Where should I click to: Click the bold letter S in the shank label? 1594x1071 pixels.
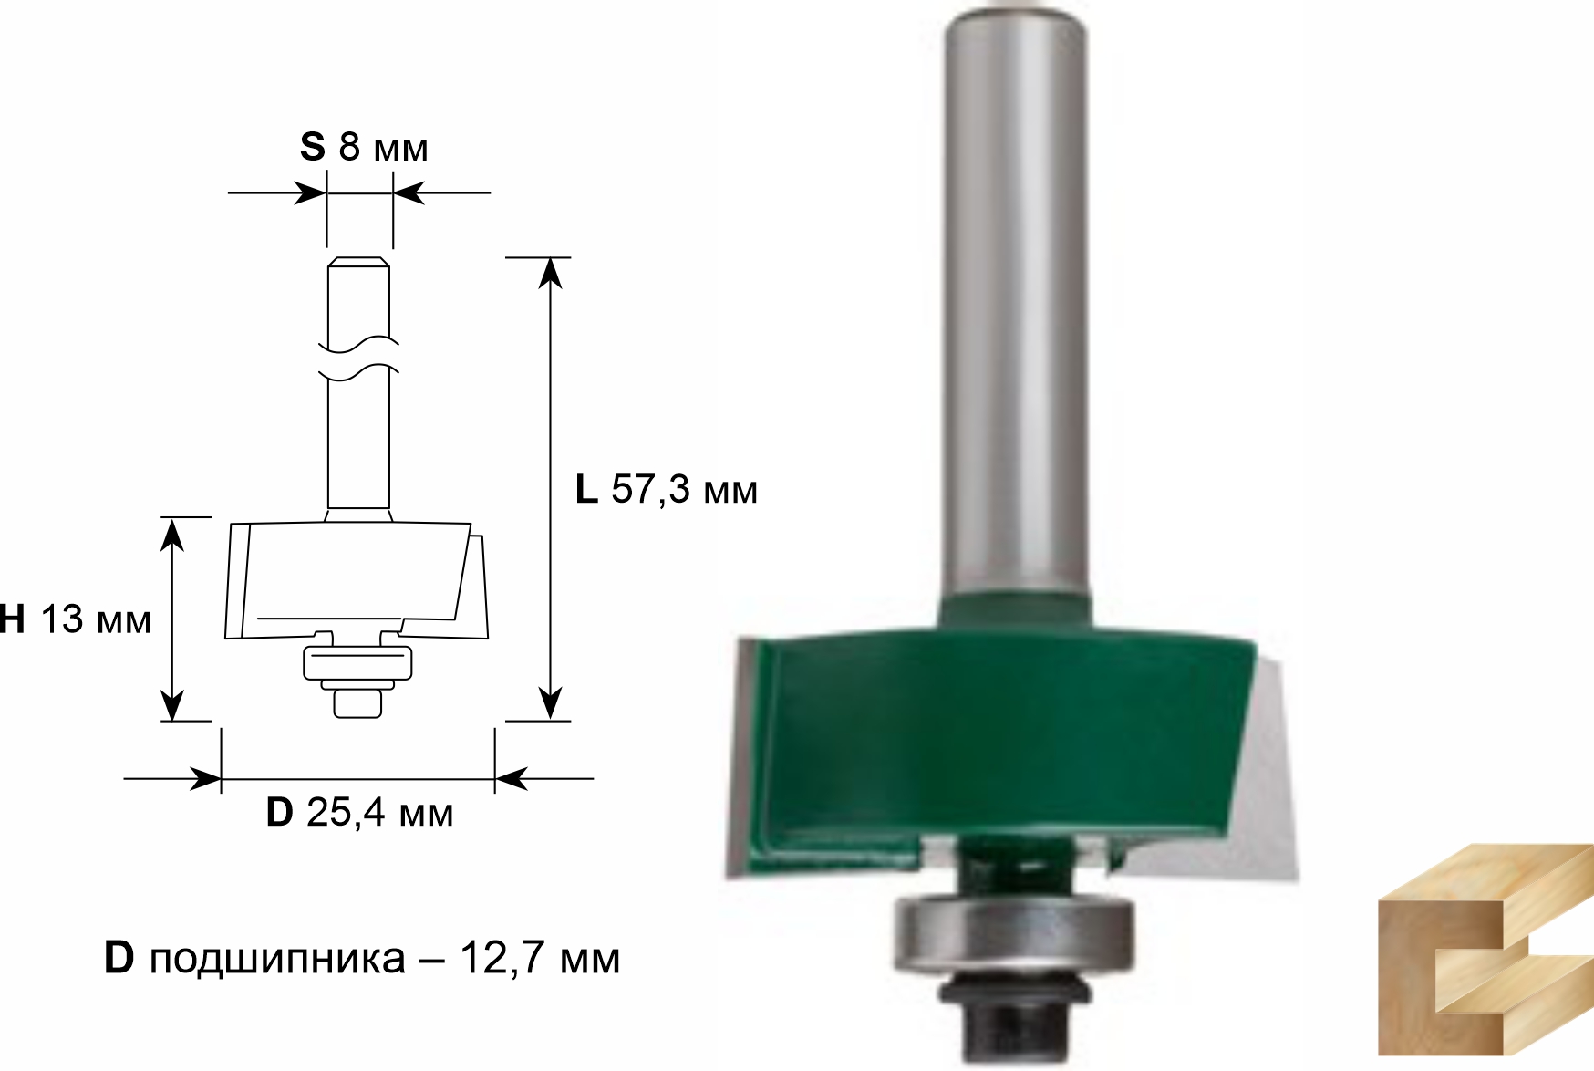[x=312, y=146]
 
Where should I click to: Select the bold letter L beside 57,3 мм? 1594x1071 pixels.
[x=586, y=490]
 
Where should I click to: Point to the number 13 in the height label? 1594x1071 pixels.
[x=62, y=620]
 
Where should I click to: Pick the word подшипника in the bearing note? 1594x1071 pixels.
[x=277, y=960]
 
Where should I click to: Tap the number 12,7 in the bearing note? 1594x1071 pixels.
[x=497, y=959]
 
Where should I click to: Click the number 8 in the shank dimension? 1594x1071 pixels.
[x=350, y=146]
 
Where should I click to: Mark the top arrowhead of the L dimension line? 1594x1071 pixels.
[x=549, y=272]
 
